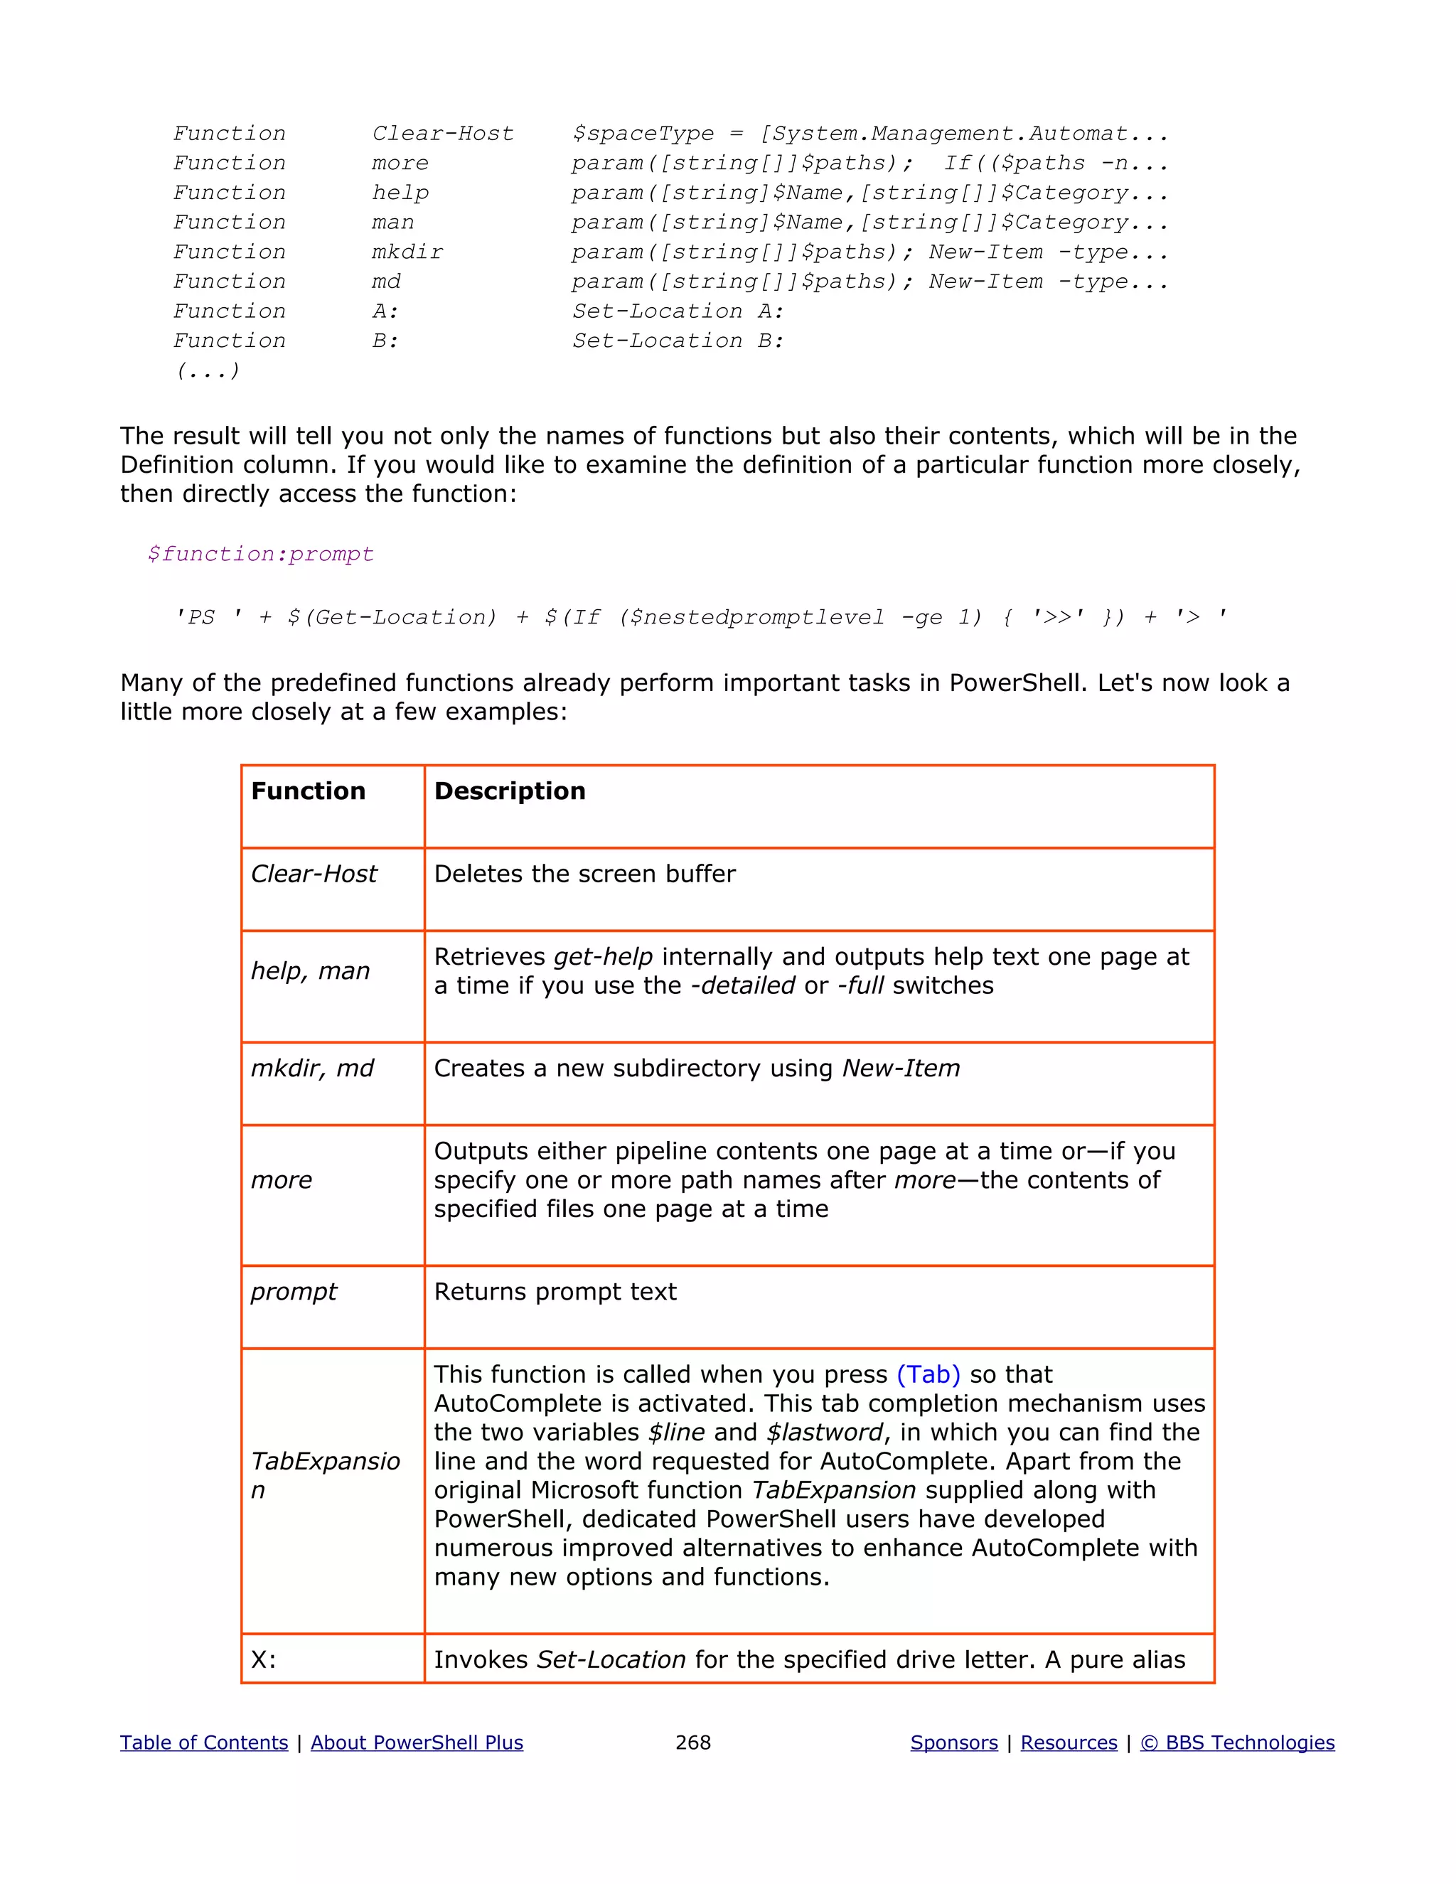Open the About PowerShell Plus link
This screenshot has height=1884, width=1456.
click(417, 1743)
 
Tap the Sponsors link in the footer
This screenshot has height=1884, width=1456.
click(954, 1743)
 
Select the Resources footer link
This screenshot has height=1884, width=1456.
click(1069, 1743)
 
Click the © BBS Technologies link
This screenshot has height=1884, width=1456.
click(1237, 1743)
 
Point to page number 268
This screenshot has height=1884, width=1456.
click(692, 1743)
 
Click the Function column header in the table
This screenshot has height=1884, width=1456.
click(308, 791)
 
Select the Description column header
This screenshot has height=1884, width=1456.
click(510, 791)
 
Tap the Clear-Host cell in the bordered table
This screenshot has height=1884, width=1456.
click(314, 874)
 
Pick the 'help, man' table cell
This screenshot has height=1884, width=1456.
click(311, 971)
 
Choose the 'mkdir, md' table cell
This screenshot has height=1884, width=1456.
click(312, 1069)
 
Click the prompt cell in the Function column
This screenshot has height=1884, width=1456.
click(294, 1291)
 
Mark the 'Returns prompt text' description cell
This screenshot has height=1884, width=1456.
click(555, 1291)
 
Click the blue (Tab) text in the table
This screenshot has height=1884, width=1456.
click(928, 1374)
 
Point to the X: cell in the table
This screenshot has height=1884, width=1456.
click(264, 1660)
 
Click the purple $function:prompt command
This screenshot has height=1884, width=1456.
click(260, 554)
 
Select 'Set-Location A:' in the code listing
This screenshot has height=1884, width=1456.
click(678, 311)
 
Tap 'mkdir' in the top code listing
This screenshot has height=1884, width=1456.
click(407, 252)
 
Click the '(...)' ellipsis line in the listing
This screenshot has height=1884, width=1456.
click(208, 371)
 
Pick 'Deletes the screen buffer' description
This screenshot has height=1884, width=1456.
click(585, 874)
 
